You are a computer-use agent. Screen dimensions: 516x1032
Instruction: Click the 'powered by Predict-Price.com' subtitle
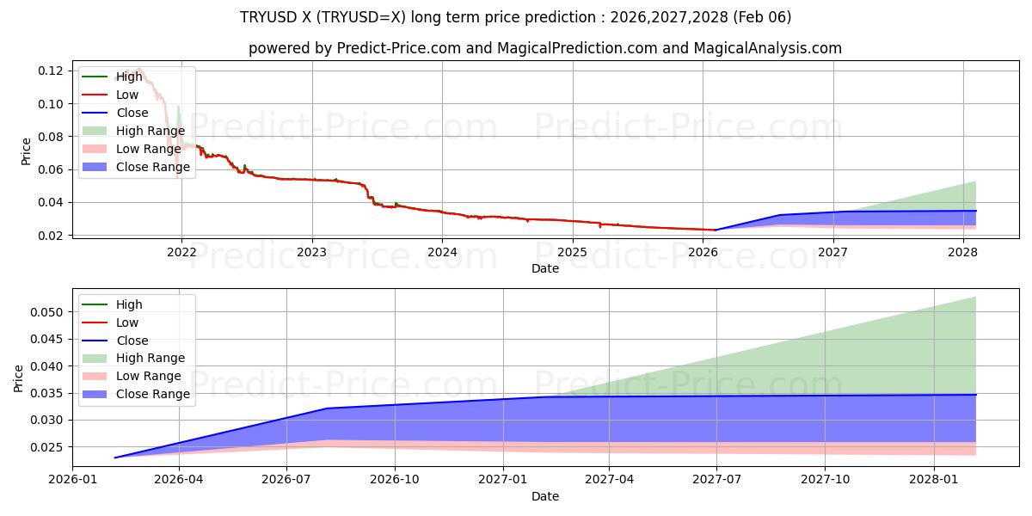point(545,49)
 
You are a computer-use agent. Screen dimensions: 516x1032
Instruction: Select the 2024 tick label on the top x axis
point(442,252)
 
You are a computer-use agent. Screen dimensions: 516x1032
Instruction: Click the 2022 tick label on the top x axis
point(181,252)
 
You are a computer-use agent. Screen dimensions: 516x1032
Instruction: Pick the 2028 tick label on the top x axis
point(962,252)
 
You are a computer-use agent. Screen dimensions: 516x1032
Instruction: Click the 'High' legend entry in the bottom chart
point(129,304)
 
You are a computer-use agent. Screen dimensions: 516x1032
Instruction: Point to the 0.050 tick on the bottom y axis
point(49,312)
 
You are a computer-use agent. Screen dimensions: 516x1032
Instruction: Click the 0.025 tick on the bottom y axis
point(49,447)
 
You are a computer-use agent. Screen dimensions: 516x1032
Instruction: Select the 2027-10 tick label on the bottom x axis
point(826,480)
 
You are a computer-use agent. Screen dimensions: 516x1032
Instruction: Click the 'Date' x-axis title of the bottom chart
point(545,496)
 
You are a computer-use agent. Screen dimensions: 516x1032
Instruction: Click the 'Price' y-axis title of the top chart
point(26,151)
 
